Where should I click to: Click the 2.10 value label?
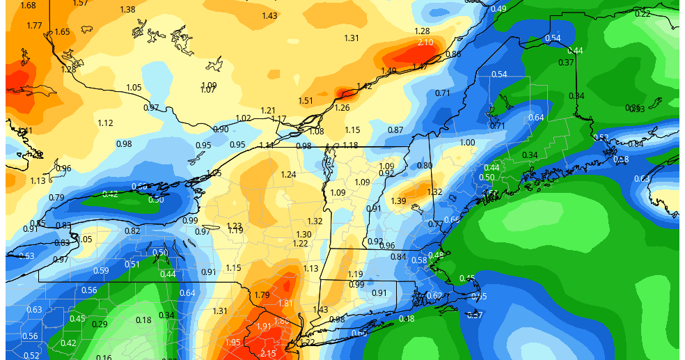[425, 43]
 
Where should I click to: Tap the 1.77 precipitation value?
[34, 26]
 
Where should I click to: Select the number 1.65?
[62, 32]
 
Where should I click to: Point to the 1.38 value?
[127, 10]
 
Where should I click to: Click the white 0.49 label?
[498, 9]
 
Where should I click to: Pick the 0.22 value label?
[643, 14]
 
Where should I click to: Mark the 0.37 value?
[566, 63]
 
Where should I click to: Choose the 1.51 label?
[306, 101]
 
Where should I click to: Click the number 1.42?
[364, 87]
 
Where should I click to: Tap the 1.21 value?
[268, 111]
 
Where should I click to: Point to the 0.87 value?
[395, 130]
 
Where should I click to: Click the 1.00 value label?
[467, 143]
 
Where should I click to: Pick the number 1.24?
[289, 175]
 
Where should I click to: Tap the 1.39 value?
[399, 201]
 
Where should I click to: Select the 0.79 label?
[56, 198]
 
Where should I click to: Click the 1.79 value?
[262, 295]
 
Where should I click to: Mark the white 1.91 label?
[264, 327]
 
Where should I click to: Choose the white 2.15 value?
[267, 354]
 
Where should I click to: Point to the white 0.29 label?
[100, 324]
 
